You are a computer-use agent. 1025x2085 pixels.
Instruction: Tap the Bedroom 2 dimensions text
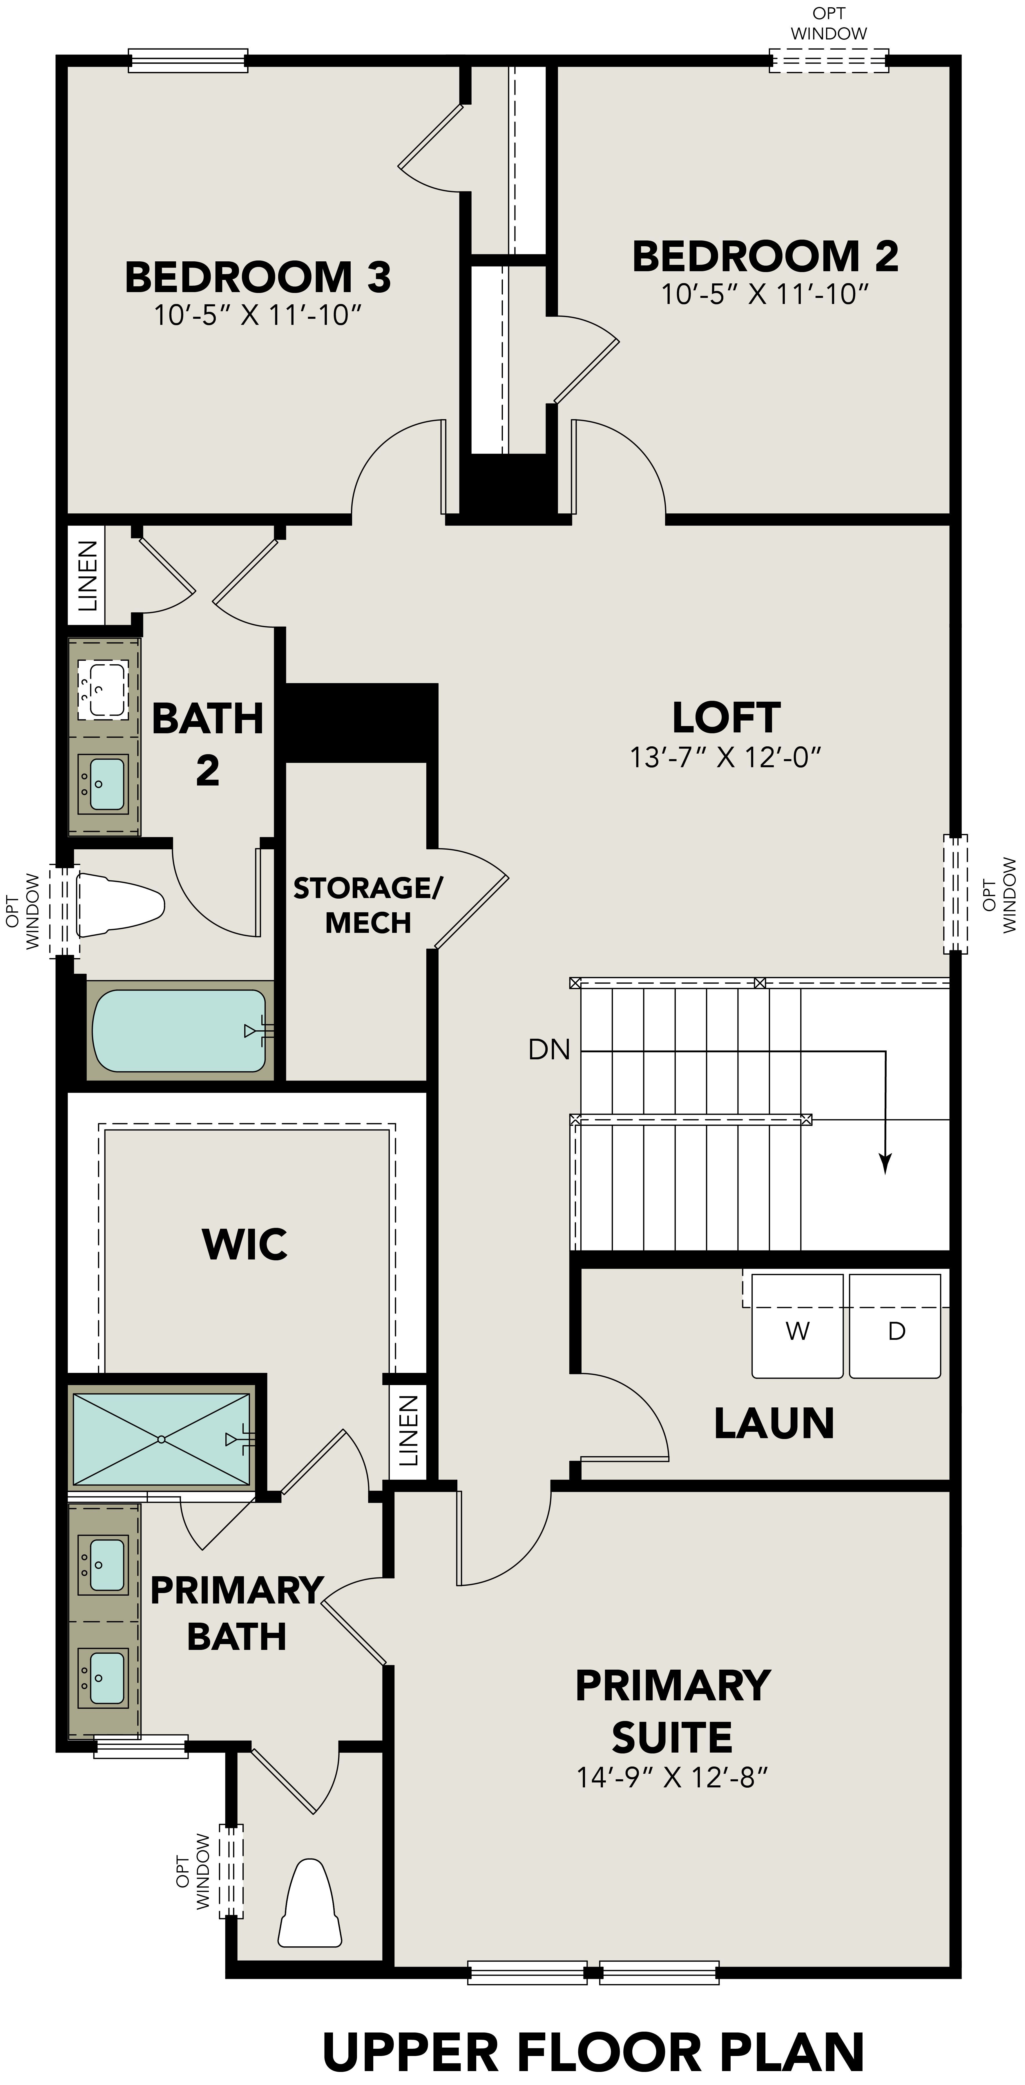pyautogui.click(x=764, y=294)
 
